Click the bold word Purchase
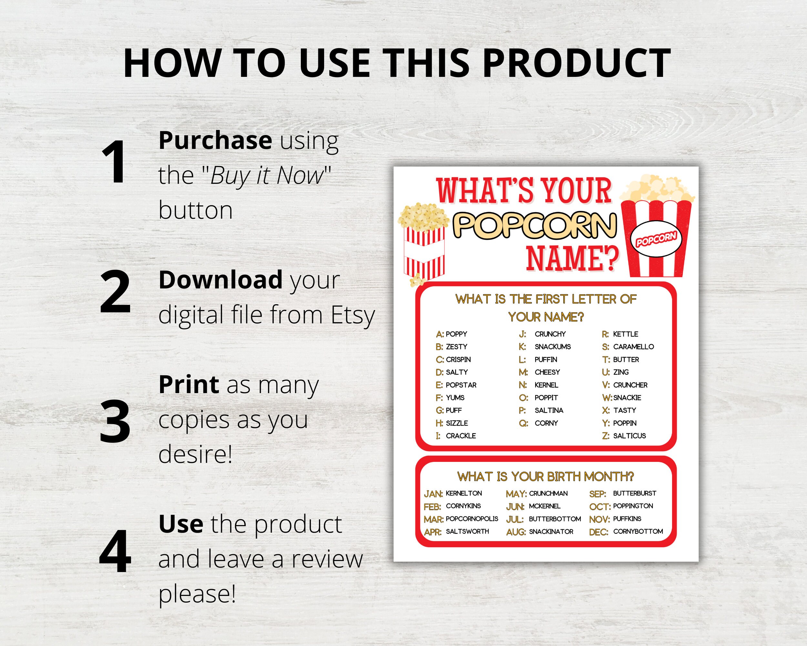215,140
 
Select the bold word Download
220,280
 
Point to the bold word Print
189,384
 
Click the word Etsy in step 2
352,315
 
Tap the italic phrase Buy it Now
267,175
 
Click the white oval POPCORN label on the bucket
656,239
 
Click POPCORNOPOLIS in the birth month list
472,519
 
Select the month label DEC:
598,532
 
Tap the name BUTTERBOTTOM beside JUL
555,519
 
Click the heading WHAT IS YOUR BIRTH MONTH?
545,477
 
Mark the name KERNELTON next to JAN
464,493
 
